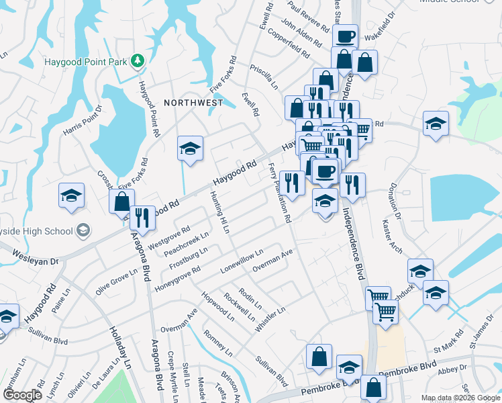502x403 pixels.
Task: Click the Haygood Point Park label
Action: pyautogui.click(x=85, y=62)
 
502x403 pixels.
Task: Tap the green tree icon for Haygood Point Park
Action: pyautogui.click(x=138, y=61)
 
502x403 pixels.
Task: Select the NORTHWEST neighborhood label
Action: pyautogui.click(x=193, y=103)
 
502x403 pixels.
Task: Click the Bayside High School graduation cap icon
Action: pyautogui.click(x=83, y=231)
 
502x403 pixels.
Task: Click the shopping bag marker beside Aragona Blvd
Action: pyautogui.click(x=121, y=201)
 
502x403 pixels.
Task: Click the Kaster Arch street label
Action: pyautogui.click(x=392, y=238)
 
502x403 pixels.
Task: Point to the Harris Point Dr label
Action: pyautogui.click(x=83, y=119)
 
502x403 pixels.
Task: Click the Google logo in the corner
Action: pyautogui.click(x=21, y=395)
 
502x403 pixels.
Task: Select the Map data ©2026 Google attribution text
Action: pyautogui.click(x=460, y=398)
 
